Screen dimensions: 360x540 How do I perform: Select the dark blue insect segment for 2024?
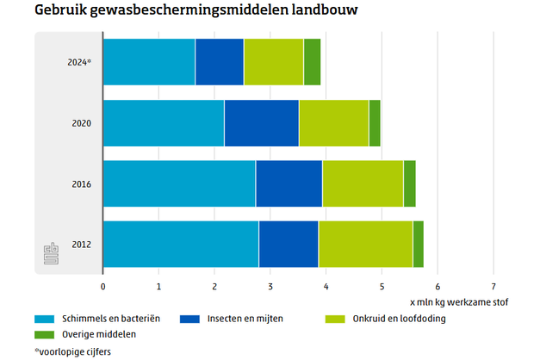coord(219,62)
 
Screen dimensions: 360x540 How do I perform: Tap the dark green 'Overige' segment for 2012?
coord(418,245)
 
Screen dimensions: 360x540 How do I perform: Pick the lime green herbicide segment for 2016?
coord(363,183)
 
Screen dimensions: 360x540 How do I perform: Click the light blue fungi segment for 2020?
coord(163,123)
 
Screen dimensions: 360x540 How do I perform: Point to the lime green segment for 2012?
coord(365,245)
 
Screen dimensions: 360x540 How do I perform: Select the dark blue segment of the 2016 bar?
coord(289,183)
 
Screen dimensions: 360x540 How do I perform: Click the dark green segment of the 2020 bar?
coord(375,123)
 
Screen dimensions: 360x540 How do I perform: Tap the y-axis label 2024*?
coord(78,62)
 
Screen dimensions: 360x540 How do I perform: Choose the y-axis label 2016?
coord(81,183)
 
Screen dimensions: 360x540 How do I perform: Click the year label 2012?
coord(81,245)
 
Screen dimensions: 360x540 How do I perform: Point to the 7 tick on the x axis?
coord(493,286)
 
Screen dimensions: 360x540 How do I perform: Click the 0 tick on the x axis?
coord(102,286)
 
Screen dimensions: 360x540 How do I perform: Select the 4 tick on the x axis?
coord(326,286)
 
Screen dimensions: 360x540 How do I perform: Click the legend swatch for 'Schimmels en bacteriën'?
coord(44,319)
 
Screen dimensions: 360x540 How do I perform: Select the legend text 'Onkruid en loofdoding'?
coord(398,319)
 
